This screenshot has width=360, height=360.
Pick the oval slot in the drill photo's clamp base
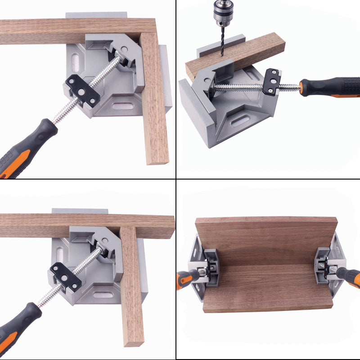click(x=240, y=121)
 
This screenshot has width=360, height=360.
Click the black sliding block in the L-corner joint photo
click(x=82, y=89)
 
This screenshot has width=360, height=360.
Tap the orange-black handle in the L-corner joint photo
click(x=27, y=144)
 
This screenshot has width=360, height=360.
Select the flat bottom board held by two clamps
click(x=268, y=288)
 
